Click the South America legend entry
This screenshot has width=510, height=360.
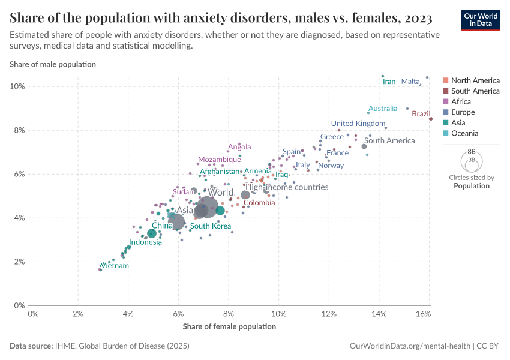click(x=475, y=91)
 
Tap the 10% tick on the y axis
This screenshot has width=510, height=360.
click(x=17, y=86)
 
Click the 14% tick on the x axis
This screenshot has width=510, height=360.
click(x=379, y=314)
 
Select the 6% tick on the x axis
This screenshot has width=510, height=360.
click(x=178, y=314)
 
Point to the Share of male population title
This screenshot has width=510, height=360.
click(x=53, y=64)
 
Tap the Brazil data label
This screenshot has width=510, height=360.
click(x=421, y=113)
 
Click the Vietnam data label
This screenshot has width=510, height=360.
click(x=114, y=265)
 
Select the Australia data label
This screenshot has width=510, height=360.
click(x=383, y=109)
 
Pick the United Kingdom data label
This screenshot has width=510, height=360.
click(x=358, y=124)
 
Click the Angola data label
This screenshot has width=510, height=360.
click(x=239, y=146)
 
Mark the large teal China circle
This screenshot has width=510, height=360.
click(x=152, y=233)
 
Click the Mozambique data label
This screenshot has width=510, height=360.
click(x=220, y=160)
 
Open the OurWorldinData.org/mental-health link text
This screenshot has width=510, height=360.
click(x=410, y=346)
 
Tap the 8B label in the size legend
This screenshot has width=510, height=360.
click(x=472, y=152)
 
